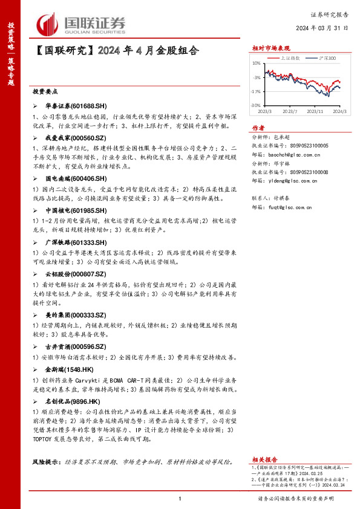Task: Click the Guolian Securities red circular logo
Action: coord(46,23)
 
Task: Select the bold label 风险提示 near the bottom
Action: coord(47,462)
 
